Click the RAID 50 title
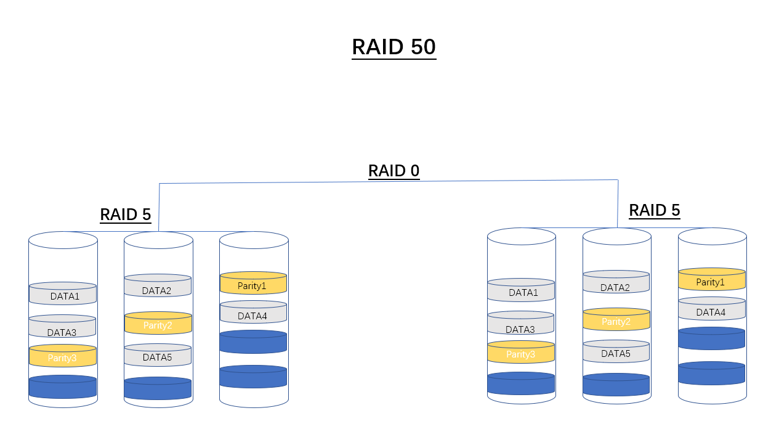coord(394,47)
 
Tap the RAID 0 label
coord(394,171)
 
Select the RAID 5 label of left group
coord(125,215)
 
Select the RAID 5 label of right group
coord(654,211)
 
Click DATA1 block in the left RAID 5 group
coord(63,295)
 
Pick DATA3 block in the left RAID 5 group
coord(62,332)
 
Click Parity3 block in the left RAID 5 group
coord(62,358)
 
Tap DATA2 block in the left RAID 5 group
coord(158,290)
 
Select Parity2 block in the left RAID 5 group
coord(158,325)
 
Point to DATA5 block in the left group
coord(158,356)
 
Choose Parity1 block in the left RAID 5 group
coord(253,285)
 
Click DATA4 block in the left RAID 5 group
coord(253,316)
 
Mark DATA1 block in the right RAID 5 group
coord(522,292)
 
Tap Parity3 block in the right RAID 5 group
coord(521,354)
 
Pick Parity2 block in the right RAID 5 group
coord(616,321)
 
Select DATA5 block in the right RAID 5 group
coord(616,353)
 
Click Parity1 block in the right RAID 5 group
coord(711,282)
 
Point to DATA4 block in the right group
coord(711,312)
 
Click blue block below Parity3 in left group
coord(62,388)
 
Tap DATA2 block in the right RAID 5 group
coord(616,287)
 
